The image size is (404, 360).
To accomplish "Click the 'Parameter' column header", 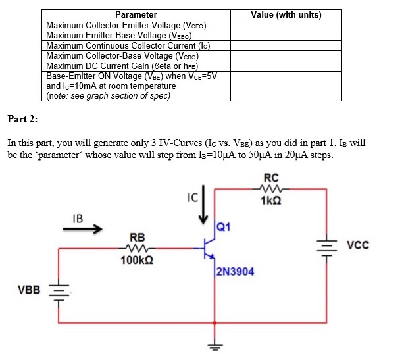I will [136, 14].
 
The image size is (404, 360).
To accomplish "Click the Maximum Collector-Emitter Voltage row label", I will [126, 25].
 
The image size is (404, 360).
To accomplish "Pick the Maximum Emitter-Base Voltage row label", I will [118, 36].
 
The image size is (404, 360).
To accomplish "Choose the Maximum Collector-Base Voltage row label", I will [123, 56].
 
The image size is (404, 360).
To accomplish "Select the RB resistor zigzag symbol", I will [137, 248].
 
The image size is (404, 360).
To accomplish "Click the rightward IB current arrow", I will [84, 230].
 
